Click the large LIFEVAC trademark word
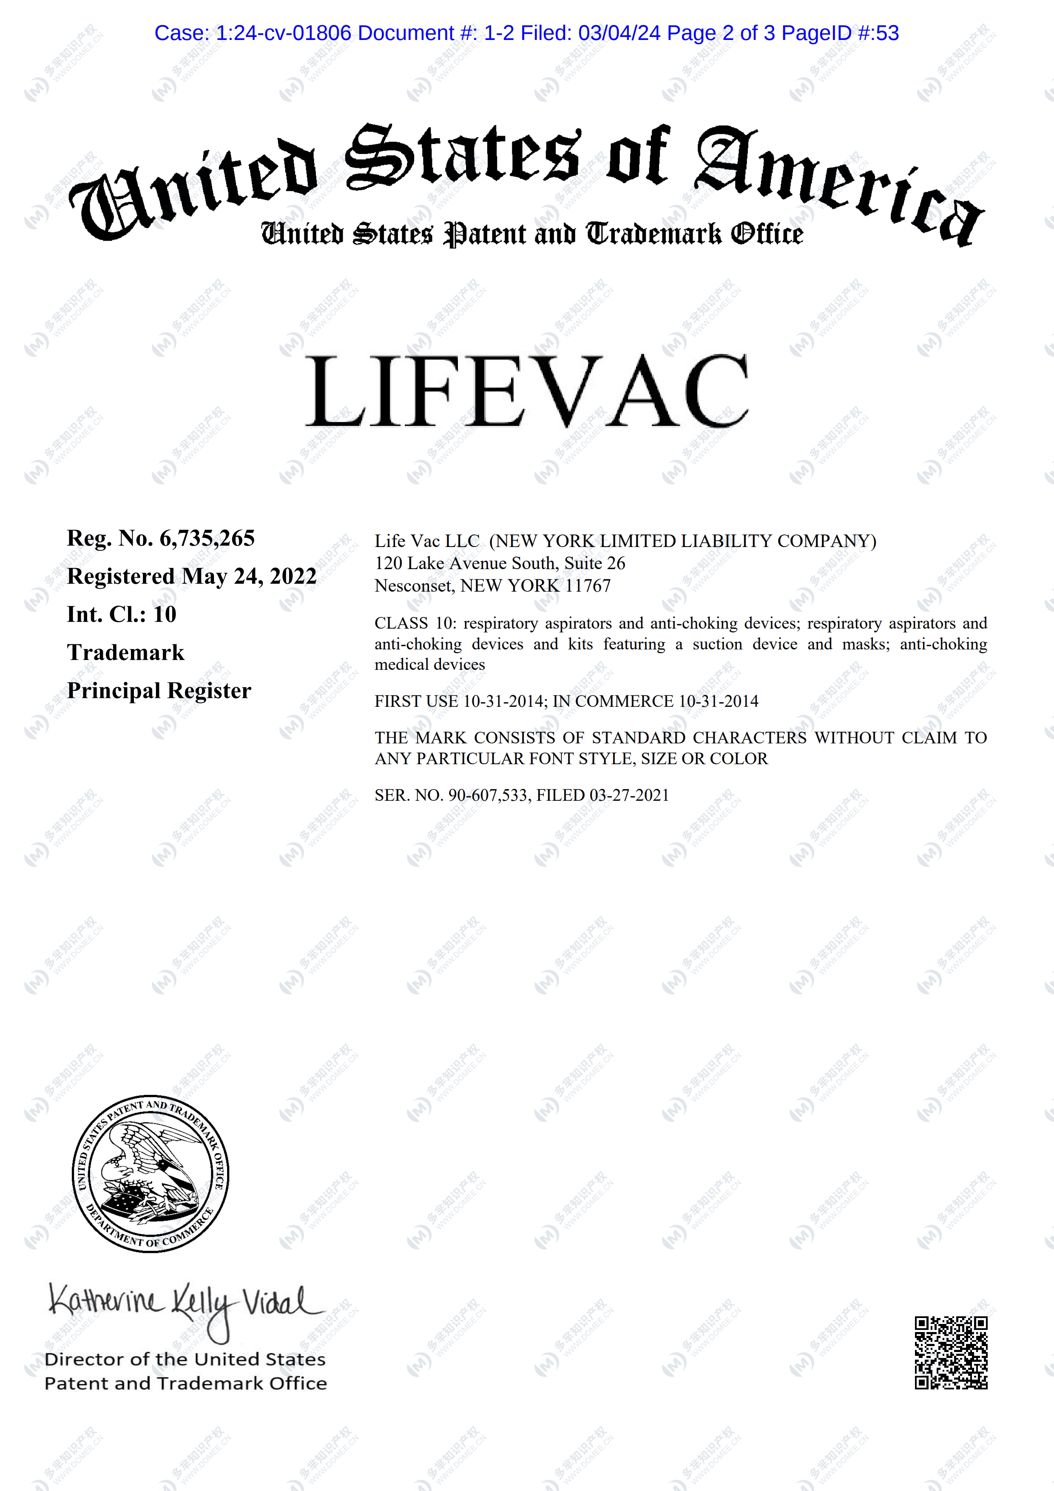tap(527, 391)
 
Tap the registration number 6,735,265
tap(207, 539)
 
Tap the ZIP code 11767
tap(588, 586)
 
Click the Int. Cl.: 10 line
tap(122, 614)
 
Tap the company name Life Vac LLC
tap(427, 541)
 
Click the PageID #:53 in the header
tap(840, 33)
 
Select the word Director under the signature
tap(85, 1359)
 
